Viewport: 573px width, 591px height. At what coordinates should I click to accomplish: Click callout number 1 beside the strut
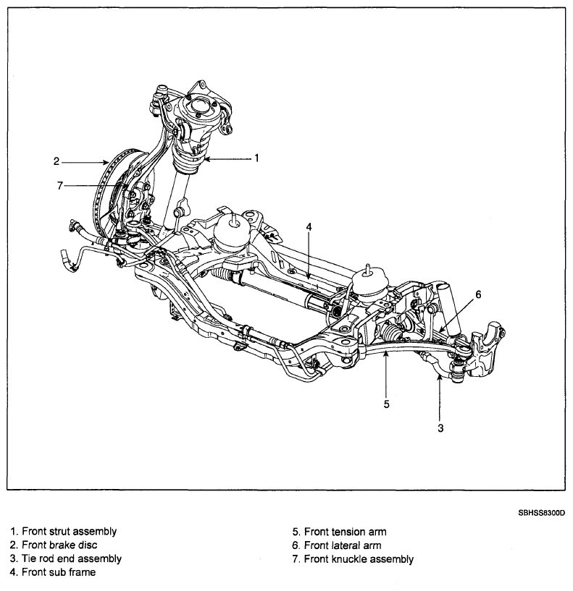coord(256,158)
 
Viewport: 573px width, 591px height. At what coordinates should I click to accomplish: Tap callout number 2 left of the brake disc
coord(57,162)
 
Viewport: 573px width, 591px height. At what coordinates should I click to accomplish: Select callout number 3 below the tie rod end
coord(440,428)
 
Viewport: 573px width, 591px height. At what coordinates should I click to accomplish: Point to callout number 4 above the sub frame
coord(309,227)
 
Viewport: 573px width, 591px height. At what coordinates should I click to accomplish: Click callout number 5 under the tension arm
coord(386,404)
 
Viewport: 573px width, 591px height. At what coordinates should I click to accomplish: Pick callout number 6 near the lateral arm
coord(478,294)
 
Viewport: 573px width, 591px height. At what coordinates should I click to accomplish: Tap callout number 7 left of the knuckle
coord(59,186)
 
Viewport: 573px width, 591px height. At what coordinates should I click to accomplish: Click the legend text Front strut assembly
coord(70,532)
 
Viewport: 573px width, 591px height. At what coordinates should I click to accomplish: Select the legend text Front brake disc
coord(59,545)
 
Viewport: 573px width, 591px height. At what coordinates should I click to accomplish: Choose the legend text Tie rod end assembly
coord(72,558)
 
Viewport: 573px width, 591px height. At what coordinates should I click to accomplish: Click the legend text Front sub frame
coord(59,572)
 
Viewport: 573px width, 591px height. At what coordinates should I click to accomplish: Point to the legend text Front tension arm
coord(346,532)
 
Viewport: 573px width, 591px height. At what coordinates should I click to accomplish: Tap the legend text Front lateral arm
coord(343,545)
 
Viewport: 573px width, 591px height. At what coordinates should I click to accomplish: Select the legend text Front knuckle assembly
coord(359,559)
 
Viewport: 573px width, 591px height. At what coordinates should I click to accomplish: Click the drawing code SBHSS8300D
coord(542,513)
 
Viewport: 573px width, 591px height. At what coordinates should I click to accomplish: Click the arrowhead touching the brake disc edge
coord(106,163)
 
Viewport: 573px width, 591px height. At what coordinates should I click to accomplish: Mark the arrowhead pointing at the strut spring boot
coord(206,159)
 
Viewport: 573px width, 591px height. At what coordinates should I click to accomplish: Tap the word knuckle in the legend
coord(350,559)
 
